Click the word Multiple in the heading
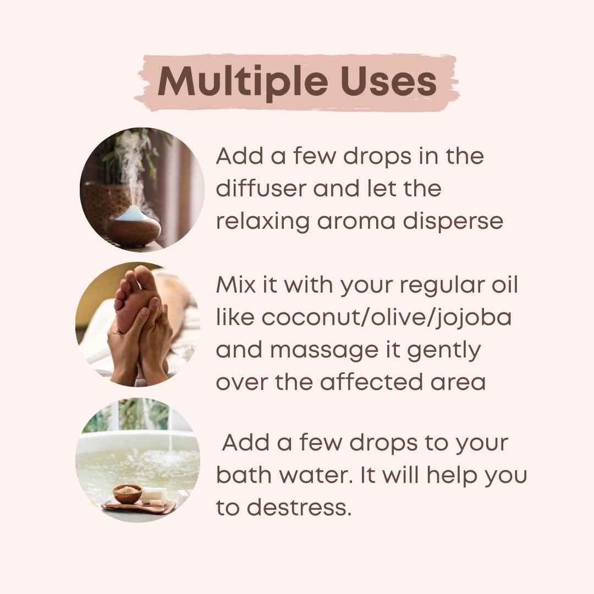(x=243, y=82)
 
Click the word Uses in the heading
(x=389, y=81)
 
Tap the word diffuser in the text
(x=261, y=188)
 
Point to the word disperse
(x=453, y=221)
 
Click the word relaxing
(x=262, y=221)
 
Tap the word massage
(x=324, y=350)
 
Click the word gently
(x=444, y=350)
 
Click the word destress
(x=299, y=507)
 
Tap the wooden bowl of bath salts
(x=127, y=493)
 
